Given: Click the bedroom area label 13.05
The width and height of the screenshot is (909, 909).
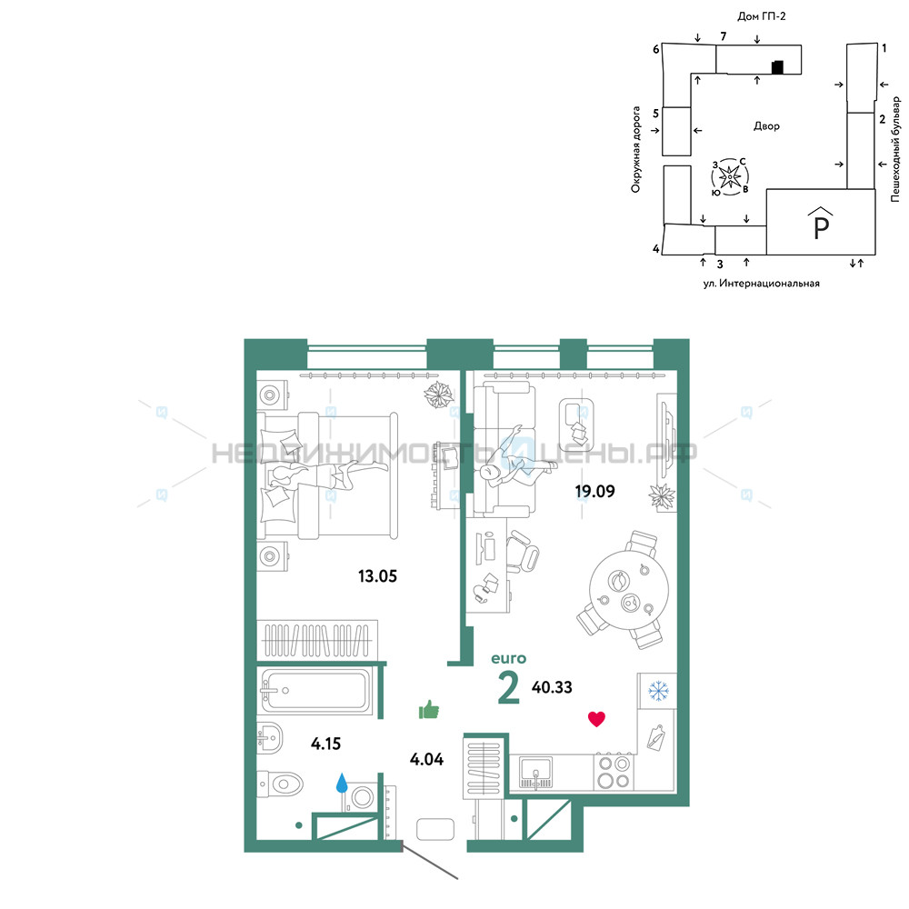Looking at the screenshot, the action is click(x=377, y=576).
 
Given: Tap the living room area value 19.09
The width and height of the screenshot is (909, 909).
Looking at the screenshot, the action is click(x=594, y=491).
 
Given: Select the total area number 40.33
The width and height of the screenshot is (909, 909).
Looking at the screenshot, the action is click(x=552, y=687).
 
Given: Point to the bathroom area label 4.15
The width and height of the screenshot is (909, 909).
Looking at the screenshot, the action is click(x=325, y=744).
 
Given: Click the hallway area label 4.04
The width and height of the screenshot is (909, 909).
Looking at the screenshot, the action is click(x=426, y=759).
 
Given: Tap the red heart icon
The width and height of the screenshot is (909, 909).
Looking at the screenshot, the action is click(x=596, y=719).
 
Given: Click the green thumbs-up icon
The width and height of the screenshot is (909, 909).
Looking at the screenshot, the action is click(x=429, y=710).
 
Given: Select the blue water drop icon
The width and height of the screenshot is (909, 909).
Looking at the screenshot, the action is click(x=342, y=783).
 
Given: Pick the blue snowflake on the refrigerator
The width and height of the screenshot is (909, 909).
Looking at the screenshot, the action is click(x=658, y=691).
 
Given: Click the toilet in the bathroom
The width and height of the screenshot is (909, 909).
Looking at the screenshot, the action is click(x=280, y=784).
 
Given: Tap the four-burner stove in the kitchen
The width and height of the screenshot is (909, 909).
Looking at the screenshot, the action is click(x=614, y=772).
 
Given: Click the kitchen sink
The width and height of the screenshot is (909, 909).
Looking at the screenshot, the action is click(x=535, y=773).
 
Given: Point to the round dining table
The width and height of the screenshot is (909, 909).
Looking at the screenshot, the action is click(x=629, y=591).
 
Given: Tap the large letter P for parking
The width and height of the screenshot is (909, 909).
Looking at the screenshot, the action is click(x=822, y=228).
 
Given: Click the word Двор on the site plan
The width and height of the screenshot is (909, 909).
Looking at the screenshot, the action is click(x=766, y=125).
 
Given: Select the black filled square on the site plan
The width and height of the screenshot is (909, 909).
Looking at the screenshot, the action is click(x=777, y=67).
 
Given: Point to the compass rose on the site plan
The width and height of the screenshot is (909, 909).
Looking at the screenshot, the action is click(x=730, y=176).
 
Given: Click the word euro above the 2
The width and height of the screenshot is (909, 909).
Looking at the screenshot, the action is click(x=508, y=658).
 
